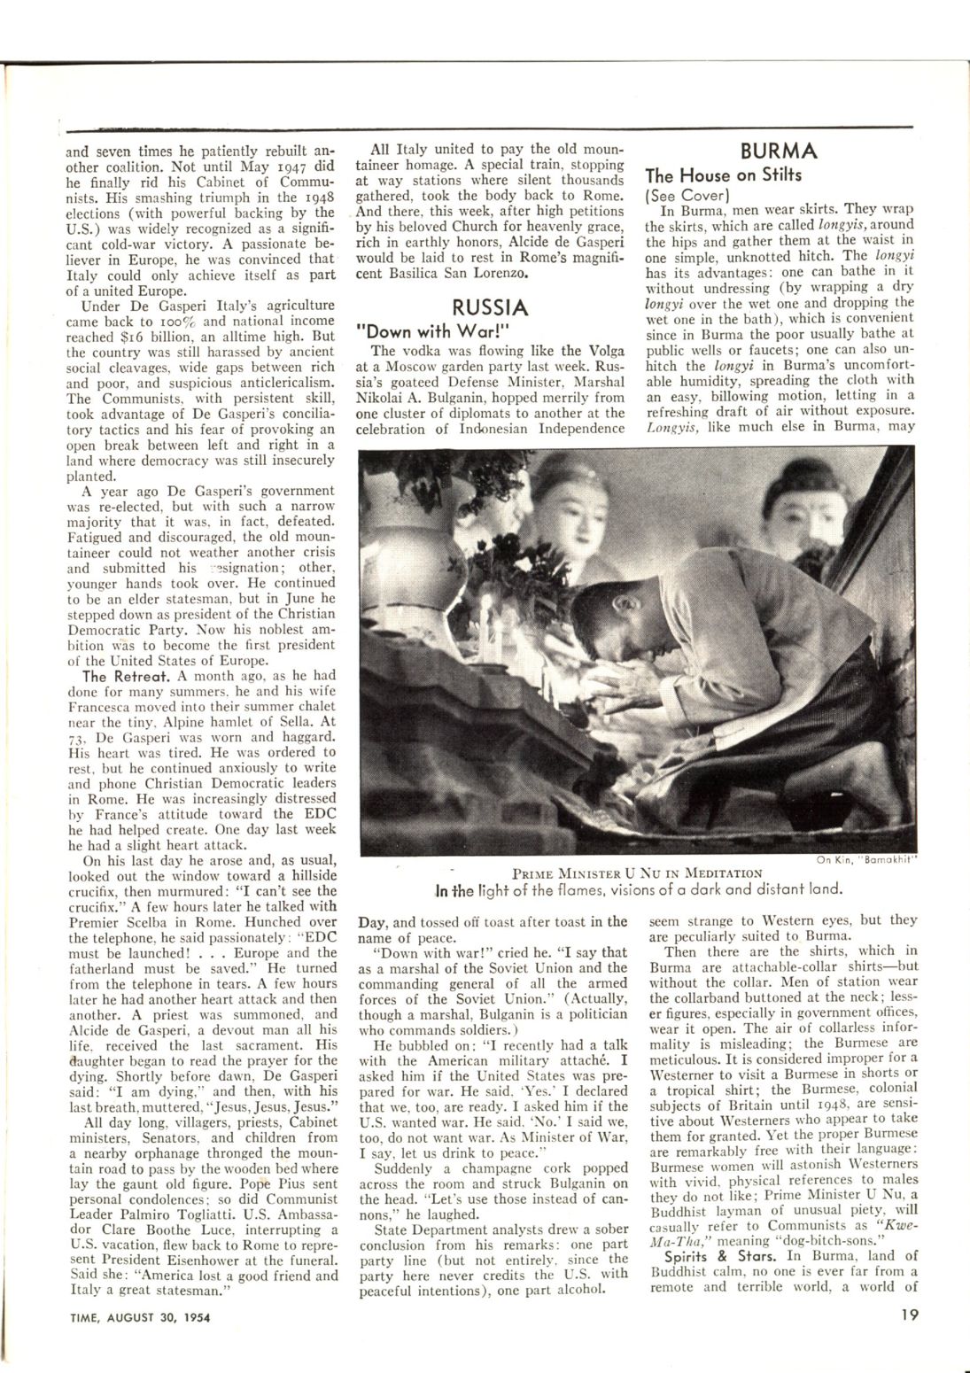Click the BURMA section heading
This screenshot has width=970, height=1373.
780,150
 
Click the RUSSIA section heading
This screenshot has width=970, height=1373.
490,307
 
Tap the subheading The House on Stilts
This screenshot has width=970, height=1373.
724,175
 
